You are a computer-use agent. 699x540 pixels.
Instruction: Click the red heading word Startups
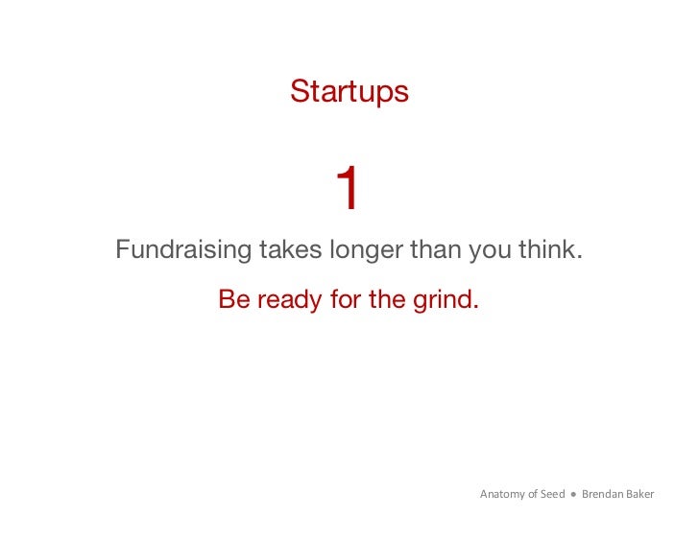click(x=349, y=92)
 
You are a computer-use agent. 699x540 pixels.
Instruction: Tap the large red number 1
click(x=347, y=189)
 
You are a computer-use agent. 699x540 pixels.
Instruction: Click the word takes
click(x=291, y=250)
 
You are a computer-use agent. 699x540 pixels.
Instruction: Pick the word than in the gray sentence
click(x=437, y=250)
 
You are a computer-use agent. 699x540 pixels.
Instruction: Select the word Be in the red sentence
click(x=233, y=299)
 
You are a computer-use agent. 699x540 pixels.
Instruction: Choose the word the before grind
click(x=387, y=299)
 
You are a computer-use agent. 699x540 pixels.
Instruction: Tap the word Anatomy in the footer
click(x=502, y=495)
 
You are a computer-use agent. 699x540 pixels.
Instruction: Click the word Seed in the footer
click(x=553, y=494)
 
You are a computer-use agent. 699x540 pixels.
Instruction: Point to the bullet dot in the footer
click(x=573, y=495)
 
